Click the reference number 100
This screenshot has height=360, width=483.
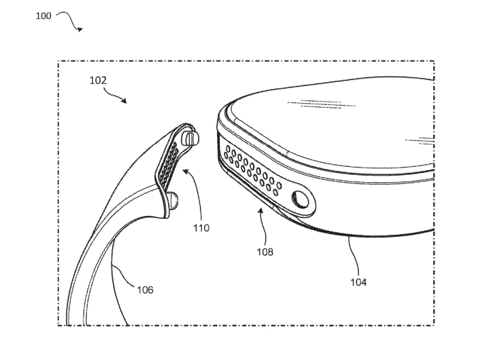pyautogui.click(x=44, y=15)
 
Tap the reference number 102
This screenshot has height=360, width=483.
pyautogui.click(x=98, y=81)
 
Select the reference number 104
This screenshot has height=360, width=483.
pyautogui.click(x=359, y=282)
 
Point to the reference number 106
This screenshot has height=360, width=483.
pyautogui.click(x=145, y=290)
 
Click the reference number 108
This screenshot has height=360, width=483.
pyautogui.click(x=265, y=252)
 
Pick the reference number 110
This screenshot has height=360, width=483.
pyautogui.click(x=201, y=227)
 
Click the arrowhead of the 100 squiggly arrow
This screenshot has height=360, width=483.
pyautogui.click(x=80, y=30)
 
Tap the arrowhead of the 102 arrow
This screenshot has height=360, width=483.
pyautogui.click(x=124, y=100)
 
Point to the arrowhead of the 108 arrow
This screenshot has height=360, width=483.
pyautogui.click(x=260, y=211)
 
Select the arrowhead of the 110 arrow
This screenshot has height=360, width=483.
pyautogui.click(x=186, y=171)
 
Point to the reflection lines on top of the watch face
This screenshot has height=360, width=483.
pyautogui.click(x=322, y=104)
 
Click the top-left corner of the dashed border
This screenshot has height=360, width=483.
pyautogui.click(x=59, y=61)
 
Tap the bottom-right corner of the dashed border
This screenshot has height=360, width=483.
pyautogui.click(x=435, y=325)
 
